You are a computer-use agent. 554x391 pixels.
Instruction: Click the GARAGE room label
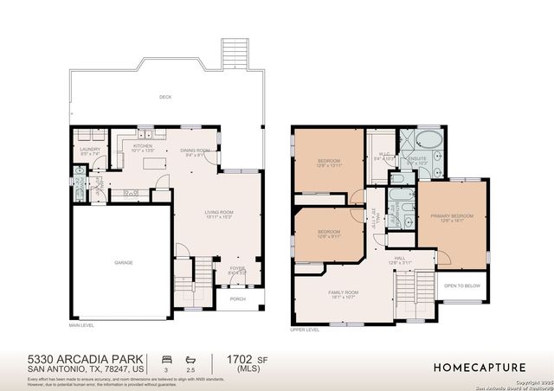click(x=123, y=262)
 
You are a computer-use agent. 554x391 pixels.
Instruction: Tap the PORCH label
click(x=237, y=300)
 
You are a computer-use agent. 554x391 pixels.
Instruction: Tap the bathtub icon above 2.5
click(x=190, y=357)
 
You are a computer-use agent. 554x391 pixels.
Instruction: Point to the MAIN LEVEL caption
click(x=81, y=325)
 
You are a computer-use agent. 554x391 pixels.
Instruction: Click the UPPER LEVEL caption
click(x=306, y=330)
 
